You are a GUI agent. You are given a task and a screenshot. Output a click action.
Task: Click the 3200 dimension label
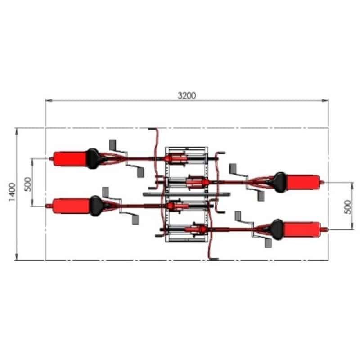(187, 95)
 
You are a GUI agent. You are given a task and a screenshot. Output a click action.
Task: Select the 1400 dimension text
(12, 192)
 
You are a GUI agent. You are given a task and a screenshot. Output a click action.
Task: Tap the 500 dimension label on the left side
(27, 184)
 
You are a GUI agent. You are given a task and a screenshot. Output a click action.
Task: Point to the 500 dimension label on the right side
(348, 207)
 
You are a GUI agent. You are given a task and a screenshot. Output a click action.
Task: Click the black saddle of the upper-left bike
(93, 159)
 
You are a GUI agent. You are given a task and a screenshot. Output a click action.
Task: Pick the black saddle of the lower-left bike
(96, 206)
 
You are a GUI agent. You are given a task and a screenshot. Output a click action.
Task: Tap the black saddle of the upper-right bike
(279, 182)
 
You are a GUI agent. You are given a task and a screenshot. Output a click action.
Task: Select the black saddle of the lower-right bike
(277, 229)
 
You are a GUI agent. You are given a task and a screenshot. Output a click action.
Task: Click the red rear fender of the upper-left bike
(70, 159)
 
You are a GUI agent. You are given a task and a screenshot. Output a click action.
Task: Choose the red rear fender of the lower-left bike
(72, 206)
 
